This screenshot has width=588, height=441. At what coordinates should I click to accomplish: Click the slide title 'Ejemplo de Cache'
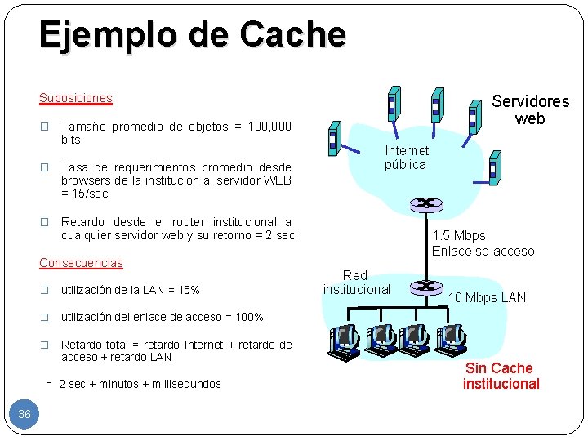(x=192, y=34)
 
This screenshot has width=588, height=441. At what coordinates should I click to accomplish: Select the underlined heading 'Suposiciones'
(x=76, y=98)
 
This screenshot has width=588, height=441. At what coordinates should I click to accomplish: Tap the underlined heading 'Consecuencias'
(x=81, y=263)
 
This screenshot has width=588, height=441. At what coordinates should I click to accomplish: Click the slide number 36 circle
(x=24, y=414)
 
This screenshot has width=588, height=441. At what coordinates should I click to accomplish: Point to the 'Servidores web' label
(x=530, y=110)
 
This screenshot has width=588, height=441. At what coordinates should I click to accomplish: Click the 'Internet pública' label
(x=406, y=157)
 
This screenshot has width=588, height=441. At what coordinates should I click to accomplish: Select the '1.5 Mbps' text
(x=458, y=236)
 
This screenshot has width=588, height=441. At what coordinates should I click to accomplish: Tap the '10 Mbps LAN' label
(x=487, y=297)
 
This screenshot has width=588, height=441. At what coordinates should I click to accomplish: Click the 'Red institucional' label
(x=355, y=282)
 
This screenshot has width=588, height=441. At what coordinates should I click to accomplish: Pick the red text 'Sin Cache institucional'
(x=501, y=376)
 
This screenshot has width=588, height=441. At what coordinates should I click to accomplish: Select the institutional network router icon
(x=425, y=286)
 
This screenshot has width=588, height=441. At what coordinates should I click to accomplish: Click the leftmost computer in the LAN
(x=345, y=339)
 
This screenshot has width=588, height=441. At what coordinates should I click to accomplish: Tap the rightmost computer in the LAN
(x=450, y=339)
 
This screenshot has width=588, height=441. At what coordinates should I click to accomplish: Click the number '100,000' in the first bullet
(x=269, y=127)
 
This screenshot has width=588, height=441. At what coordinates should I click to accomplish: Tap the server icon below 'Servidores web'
(x=494, y=168)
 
